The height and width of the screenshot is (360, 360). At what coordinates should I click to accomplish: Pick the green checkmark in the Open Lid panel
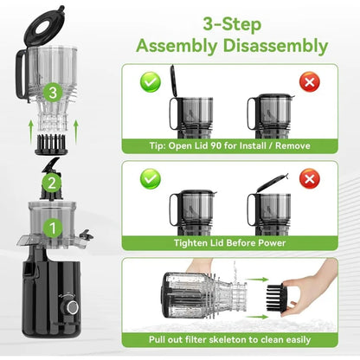(x=151, y=82)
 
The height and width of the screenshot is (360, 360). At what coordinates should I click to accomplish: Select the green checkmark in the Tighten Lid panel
(x=151, y=178)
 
